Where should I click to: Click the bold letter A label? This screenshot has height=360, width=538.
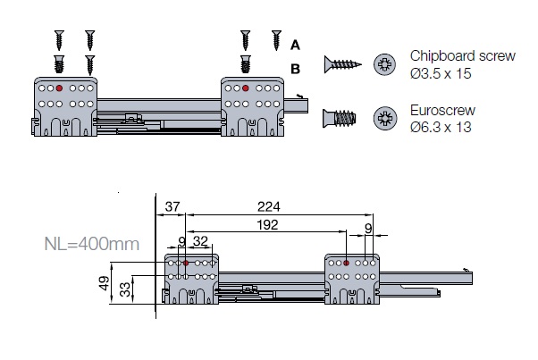(296, 42)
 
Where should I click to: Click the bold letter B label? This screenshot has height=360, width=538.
(296, 68)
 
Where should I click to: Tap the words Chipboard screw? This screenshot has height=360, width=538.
(463, 55)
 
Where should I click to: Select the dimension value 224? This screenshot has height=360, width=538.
(267, 207)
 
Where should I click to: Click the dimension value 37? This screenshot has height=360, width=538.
(172, 207)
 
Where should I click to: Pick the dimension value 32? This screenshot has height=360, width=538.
(202, 241)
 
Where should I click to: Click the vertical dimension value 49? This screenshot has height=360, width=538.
(105, 283)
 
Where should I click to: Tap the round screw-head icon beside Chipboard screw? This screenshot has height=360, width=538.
(385, 63)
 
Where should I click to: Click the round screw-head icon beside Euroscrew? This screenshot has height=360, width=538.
(386, 118)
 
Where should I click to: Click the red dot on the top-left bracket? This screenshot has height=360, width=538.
(58, 88)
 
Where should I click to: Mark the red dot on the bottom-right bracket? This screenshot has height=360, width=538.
(347, 264)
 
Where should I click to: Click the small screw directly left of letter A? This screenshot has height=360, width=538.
(275, 40)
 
